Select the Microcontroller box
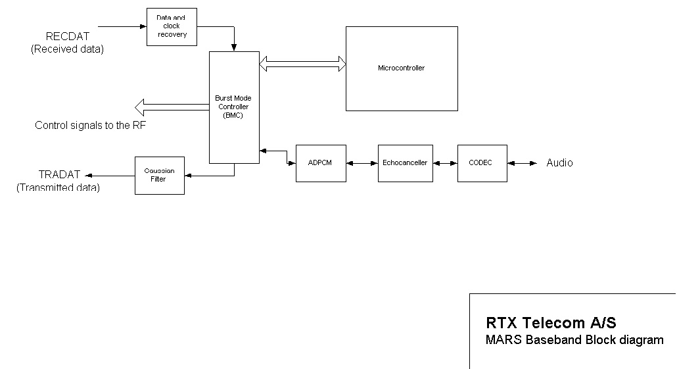pos(402,68)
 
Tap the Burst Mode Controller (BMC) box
pos(234,107)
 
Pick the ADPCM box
pos(321,163)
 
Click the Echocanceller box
pos(405,163)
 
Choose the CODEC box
pos(482,163)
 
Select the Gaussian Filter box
pos(159,176)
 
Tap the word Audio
pos(559,163)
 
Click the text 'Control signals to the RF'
pos(91,126)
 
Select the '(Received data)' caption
pos(67,49)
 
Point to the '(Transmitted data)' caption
pos(58,188)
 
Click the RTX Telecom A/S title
pos(551,323)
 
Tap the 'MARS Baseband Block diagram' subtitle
pos(574,340)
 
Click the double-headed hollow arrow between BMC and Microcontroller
pos(303,64)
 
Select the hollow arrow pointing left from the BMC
pos(171,106)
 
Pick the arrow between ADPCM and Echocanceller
pos(362,163)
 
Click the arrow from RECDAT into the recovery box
pos(122,26)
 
